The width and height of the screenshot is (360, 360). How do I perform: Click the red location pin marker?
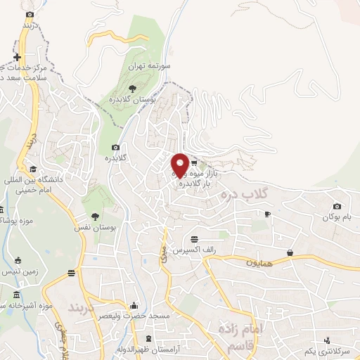pyautogui.click(x=180, y=165)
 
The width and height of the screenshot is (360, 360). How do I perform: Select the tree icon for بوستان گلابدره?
pyautogui.click(x=132, y=88)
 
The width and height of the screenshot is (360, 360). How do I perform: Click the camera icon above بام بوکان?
pyautogui.click(x=337, y=207)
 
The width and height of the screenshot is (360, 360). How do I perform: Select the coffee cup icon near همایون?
pyautogui.click(x=289, y=252)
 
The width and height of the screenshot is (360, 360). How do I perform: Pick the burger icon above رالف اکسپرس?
pyautogui.click(x=194, y=239)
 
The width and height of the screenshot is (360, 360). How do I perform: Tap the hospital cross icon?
pyautogui.click(x=18, y=57)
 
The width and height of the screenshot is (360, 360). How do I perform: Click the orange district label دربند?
pyautogui.click(x=84, y=308)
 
